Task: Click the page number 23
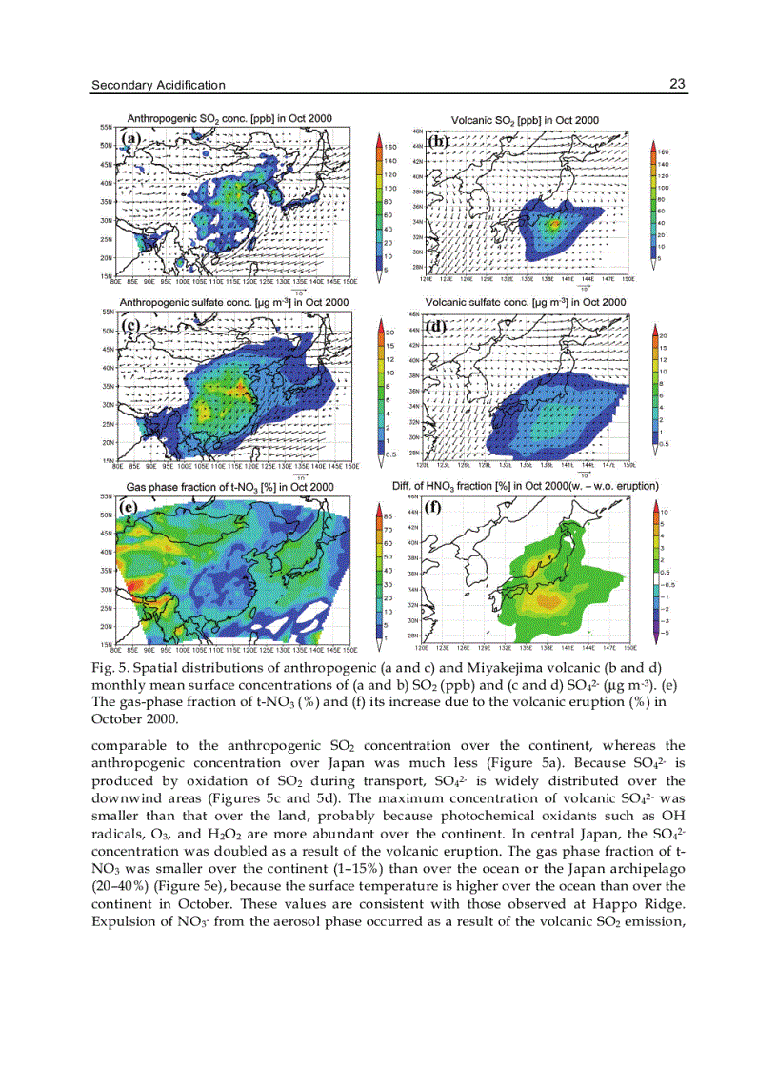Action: click(x=677, y=84)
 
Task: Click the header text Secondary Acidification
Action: click(x=158, y=85)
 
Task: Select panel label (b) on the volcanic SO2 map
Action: click(x=438, y=141)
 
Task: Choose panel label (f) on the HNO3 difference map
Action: click(x=433, y=508)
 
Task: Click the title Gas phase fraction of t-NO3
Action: click(x=229, y=487)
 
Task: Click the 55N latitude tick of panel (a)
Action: click(x=106, y=125)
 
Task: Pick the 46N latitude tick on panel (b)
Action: click(x=417, y=131)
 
